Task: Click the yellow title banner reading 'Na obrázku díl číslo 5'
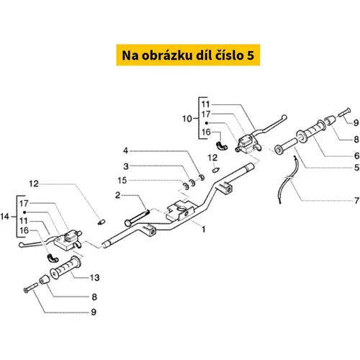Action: (x=188, y=55)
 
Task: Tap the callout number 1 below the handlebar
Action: (x=204, y=230)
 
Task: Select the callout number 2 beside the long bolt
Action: (x=117, y=195)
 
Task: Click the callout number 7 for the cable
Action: (x=356, y=200)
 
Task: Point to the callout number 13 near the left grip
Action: (x=94, y=278)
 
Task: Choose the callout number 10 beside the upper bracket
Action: (x=187, y=119)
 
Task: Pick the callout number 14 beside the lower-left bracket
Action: (x=5, y=217)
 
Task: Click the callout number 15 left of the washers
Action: (x=122, y=181)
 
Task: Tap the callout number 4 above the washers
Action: (x=126, y=150)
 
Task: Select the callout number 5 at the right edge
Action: (x=356, y=167)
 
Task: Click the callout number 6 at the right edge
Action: (x=356, y=156)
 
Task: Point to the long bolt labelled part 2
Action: (x=137, y=218)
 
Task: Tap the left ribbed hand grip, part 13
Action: (x=66, y=267)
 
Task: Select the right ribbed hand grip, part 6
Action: (x=312, y=131)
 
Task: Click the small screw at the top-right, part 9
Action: (x=345, y=112)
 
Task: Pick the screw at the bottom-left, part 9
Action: (x=31, y=287)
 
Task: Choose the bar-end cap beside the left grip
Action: (x=44, y=279)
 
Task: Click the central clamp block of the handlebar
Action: (x=180, y=211)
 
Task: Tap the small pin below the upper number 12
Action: (x=216, y=170)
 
